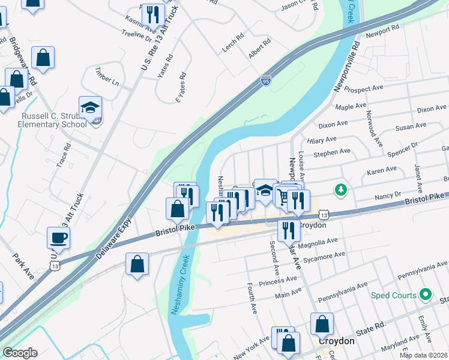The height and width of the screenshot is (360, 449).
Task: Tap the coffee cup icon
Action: coord(58,237)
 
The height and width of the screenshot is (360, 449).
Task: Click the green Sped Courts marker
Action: coord(426,295)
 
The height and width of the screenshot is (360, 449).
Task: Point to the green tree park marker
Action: coord(341,190)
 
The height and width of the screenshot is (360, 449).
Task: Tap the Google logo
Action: coord(20,353)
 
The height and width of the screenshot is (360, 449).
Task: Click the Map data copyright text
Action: coord(423,355)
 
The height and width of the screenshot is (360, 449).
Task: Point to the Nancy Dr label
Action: coord(388,196)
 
